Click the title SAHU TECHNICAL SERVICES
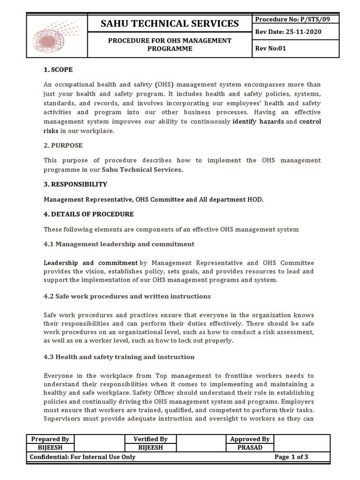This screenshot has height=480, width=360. [170, 23]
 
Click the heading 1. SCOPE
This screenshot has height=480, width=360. [58, 69]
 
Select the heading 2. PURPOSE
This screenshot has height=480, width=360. [63, 145]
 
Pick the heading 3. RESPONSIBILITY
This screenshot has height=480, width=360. [75, 184]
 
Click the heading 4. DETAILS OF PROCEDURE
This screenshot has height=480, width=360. [89, 214]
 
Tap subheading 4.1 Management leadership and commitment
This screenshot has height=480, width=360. [119, 244]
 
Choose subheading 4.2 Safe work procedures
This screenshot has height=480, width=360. [127, 296]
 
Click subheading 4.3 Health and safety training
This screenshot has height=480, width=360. [119, 357]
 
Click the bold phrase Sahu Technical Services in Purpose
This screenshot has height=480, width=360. [142, 170]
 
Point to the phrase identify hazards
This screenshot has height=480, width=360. [258, 122]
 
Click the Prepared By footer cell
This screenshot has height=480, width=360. [50, 439]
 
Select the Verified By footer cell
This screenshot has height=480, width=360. [150, 439]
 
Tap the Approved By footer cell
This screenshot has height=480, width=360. [249, 439]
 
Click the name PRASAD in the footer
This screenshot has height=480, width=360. [249, 448]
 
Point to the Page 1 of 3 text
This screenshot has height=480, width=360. [291, 457]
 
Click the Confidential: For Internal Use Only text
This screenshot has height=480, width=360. [82, 457]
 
